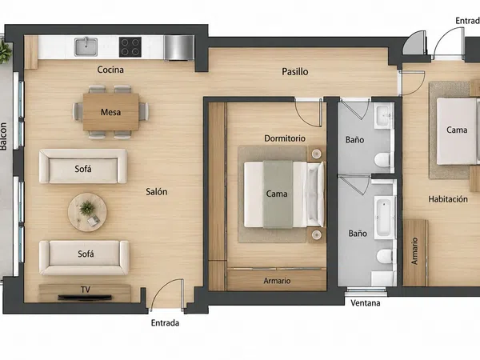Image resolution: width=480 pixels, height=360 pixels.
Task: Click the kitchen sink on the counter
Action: tap(86, 47)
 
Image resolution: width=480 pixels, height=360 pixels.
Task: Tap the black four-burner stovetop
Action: tap(130, 47)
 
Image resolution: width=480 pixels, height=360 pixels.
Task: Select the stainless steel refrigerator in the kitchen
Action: tap(178, 48)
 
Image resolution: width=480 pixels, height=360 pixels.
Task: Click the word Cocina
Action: tap(110, 70)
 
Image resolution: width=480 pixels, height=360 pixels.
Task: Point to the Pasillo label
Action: tap(294, 72)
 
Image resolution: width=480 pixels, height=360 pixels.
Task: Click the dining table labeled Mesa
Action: tap(111, 112)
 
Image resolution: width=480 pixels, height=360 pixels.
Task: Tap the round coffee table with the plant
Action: tap(87, 212)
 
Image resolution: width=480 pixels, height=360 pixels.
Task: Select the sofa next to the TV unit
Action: tap(84, 258)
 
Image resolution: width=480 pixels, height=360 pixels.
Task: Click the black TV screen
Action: tap(85, 298)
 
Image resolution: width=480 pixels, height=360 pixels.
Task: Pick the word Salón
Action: tap(157, 192)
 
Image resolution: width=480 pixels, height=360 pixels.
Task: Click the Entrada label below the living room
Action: tap(165, 323)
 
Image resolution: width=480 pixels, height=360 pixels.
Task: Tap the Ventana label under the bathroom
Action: tap(366, 303)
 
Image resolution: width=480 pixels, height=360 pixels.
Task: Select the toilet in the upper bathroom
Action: tap(382, 160)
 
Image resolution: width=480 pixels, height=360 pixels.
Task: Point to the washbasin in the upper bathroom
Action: tap(382, 115)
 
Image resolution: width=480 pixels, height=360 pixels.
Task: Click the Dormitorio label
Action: tap(285, 138)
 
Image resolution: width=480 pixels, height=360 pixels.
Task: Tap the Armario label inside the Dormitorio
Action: tap(277, 281)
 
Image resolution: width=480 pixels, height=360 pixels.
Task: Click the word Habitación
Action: tap(448, 199)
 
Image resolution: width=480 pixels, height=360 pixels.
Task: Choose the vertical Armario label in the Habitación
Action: tap(414, 251)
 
